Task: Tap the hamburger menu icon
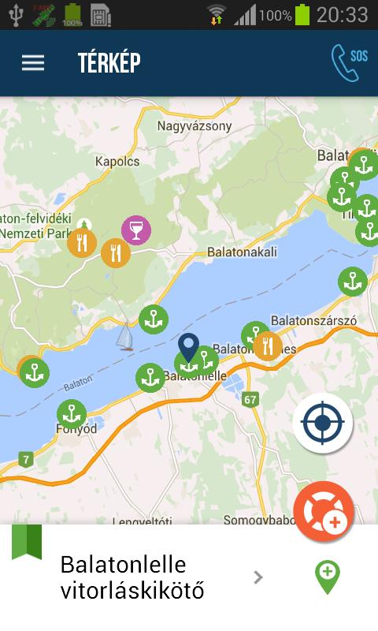pyautogui.click(x=33, y=63)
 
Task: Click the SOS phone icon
pyautogui.click(x=348, y=62)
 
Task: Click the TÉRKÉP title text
pyautogui.click(x=109, y=63)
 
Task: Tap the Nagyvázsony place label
pyautogui.click(x=195, y=125)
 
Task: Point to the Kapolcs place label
pyautogui.click(x=117, y=162)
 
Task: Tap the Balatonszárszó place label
pyautogui.click(x=313, y=321)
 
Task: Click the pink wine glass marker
pyautogui.click(x=136, y=230)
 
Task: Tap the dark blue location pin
pyautogui.click(x=187, y=347)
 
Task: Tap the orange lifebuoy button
pyautogui.click(x=324, y=511)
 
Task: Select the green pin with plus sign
pyautogui.click(x=327, y=577)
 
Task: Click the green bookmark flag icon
pyautogui.click(x=27, y=542)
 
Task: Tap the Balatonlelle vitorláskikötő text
pyautogui.click(x=132, y=577)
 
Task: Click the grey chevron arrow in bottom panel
pyautogui.click(x=258, y=577)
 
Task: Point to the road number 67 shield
pyautogui.click(x=250, y=399)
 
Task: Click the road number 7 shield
pyautogui.click(x=27, y=459)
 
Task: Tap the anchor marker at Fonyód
pyautogui.click(x=71, y=414)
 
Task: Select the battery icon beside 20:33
pyautogui.click(x=302, y=14)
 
